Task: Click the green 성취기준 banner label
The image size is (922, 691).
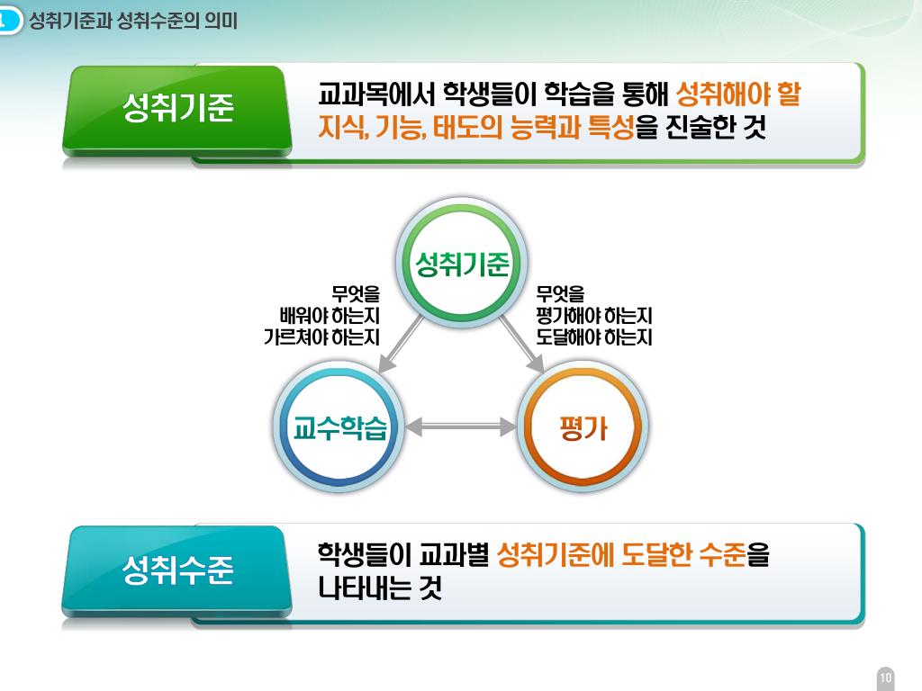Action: click(177, 108)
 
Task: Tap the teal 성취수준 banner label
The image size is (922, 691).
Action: click(177, 569)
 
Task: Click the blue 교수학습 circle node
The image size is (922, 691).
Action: click(339, 428)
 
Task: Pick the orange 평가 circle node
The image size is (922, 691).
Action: click(583, 428)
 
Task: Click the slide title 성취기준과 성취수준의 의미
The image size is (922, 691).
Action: click(133, 21)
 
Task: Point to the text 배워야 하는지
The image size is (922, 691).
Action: click(330, 316)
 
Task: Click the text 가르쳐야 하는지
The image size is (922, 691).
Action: click(321, 338)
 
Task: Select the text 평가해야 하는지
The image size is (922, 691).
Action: click(593, 316)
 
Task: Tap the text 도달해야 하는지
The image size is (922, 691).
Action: click(593, 338)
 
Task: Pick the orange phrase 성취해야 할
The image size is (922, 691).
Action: click(737, 94)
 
